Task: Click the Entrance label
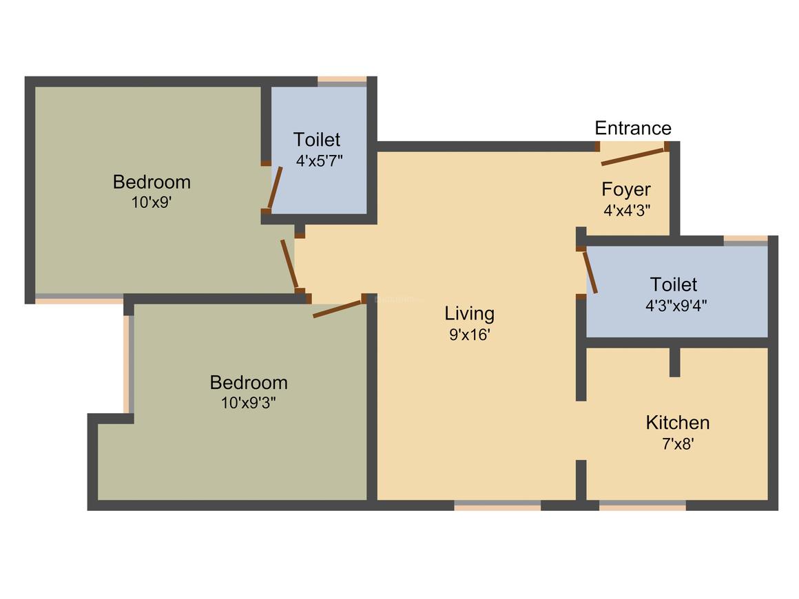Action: tap(632, 128)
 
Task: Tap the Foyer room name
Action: tap(625, 189)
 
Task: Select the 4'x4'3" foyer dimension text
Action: tap(627, 211)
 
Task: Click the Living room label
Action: tap(469, 314)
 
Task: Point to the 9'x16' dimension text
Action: tap(469, 335)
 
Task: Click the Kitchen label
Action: tap(677, 422)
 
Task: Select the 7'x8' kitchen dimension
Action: tap(677, 444)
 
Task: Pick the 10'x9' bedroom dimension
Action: tap(152, 204)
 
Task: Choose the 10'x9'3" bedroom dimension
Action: tap(249, 403)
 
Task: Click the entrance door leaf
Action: tap(633, 156)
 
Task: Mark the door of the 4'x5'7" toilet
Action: tap(275, 188)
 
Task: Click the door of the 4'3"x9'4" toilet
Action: tap(590, 273)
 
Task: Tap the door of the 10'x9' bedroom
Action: tap(289, 264)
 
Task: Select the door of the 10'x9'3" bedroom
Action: tap(338, 308)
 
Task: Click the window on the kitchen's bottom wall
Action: tap(642, 505)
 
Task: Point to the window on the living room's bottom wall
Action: tap(497, 505)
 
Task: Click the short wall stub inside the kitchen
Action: tap(674, 361)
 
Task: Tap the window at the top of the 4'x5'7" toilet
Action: tap(342, 81)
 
